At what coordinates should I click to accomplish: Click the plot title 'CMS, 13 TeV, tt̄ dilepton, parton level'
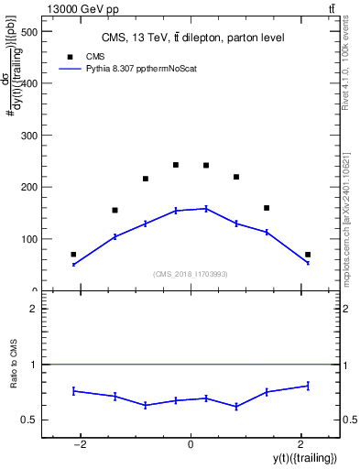pos(192,38)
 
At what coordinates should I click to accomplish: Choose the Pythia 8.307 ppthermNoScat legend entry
pos(119,69)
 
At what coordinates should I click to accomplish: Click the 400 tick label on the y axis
pos(27,83)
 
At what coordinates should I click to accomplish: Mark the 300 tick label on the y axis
pos(27,136)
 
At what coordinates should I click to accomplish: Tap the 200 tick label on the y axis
pos(27,187)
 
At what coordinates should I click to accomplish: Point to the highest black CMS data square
pos(175,165)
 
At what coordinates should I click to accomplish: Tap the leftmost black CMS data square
pos(73,255)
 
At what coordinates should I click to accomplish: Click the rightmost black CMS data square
pos(308,255)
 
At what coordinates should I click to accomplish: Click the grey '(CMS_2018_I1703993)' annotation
pos(191,274)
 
